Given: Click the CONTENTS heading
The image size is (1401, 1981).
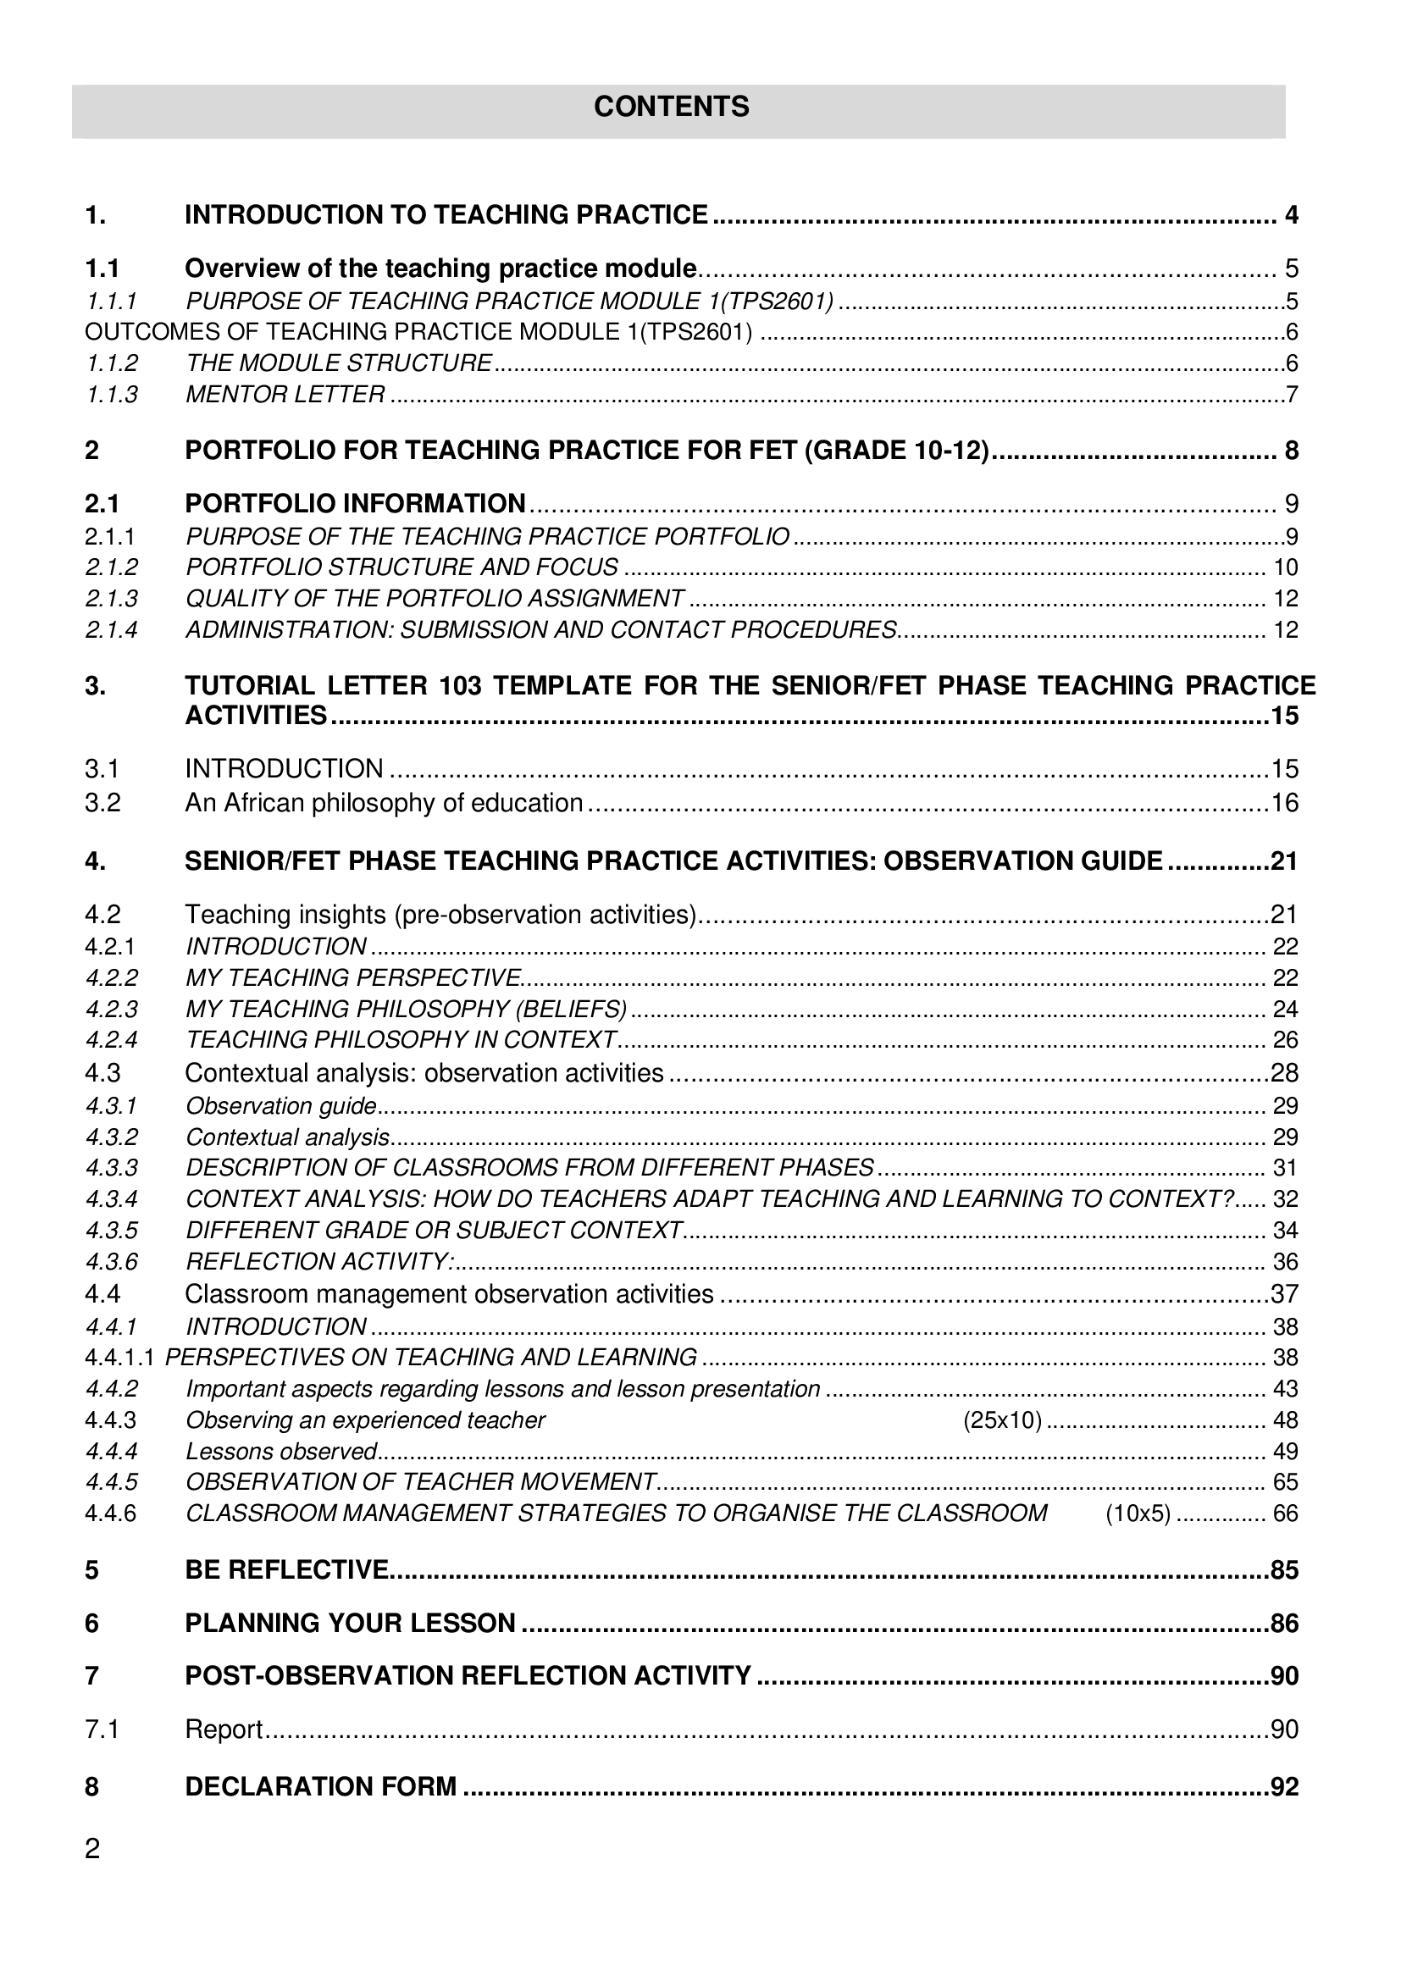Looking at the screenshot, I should click(671, 107).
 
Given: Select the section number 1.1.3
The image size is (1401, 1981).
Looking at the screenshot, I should click(111, 396).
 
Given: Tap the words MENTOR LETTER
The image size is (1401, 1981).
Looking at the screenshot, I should click(285, 396).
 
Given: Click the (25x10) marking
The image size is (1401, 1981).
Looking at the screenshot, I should click(1001, 1420).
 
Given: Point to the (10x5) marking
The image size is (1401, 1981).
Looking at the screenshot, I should click(1138, 1513).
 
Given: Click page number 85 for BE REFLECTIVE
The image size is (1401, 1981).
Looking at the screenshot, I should click(1283, 1570).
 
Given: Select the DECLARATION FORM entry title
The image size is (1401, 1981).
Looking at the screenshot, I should click(321, 1786).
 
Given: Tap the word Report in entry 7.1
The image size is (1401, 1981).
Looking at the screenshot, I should click(224, 1729).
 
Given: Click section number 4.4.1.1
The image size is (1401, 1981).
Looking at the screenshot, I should click(119, 1358).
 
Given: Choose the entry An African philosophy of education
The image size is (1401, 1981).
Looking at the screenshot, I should click(384, 803).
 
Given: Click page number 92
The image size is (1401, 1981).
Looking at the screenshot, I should click(1283, 1786).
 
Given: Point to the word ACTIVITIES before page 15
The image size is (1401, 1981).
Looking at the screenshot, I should click(256, 717).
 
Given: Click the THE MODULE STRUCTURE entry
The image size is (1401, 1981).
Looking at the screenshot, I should click(339, 363).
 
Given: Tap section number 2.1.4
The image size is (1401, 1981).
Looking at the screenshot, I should click(111, 630).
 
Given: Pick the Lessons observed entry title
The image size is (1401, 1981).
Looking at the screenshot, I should click(282, 1452).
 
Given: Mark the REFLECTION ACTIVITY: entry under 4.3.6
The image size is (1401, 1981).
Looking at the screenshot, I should click(320, 1261).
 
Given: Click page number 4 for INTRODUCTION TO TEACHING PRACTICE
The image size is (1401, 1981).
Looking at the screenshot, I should click(1291, 215).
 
